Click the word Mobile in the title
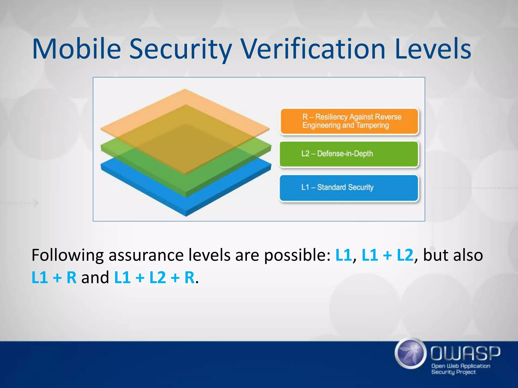pyautogui.click(x=76, y=49)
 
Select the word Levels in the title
pyautogui.click(x=433, y=49)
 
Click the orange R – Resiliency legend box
pyautogui.click(x=349, y=122)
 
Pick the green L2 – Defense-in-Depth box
pyautogui.click(x=349, y=154)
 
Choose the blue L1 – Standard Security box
pyautogui.click(x=349, y=188)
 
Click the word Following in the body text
pyautogui.click(x=67, y=256)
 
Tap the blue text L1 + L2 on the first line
pyautogui.click(x=387, y=255)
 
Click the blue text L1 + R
pyautogui.click(x=54, y=278)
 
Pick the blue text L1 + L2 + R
pyautogui.click(x=154, y=278)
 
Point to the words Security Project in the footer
pyautogui.click(x=453, y=372)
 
